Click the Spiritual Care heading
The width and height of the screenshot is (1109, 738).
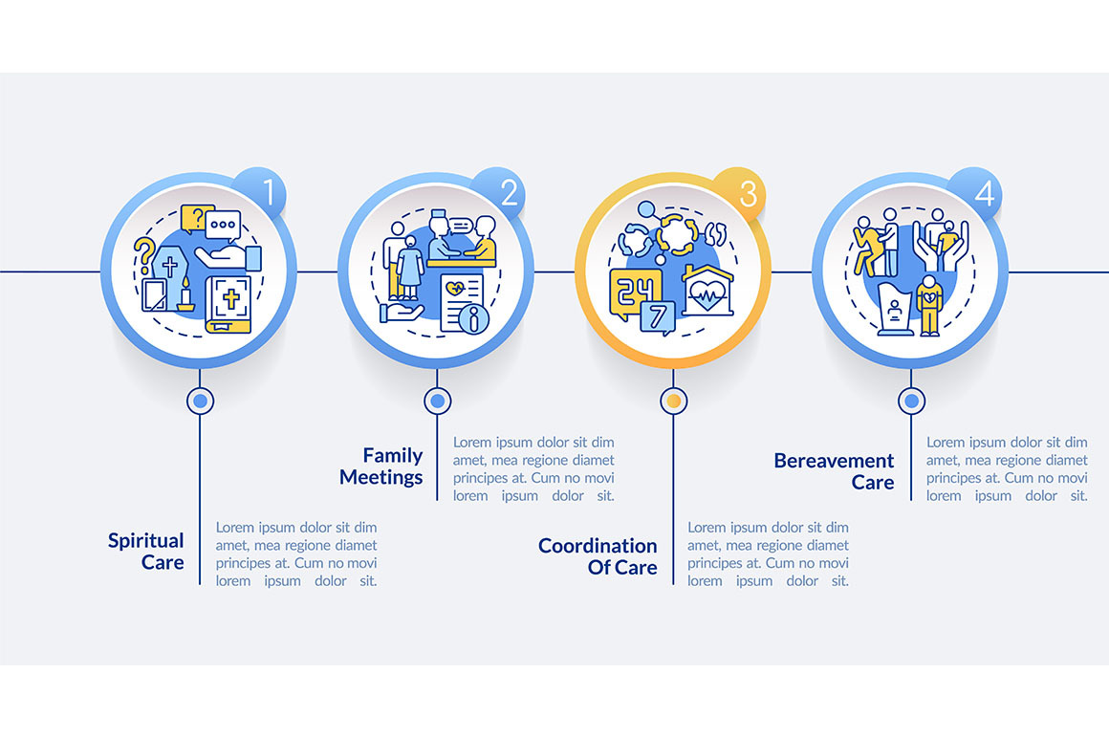(x=145, y=552)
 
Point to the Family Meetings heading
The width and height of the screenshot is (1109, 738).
(x=381, y=466)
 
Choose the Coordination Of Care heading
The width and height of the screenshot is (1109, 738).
(x=598, y=556)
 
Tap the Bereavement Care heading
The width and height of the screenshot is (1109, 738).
(x=835, y=471)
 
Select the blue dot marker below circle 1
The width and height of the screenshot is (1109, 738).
(x=200, y=402)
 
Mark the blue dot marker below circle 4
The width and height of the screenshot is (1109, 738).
(x=911, y=402)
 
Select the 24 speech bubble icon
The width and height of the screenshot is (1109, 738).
(x=631, y=291)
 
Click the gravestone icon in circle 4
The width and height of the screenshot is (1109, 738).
(x=895, y=308)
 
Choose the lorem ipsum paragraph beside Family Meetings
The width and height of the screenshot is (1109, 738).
(x=533, y=469)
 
